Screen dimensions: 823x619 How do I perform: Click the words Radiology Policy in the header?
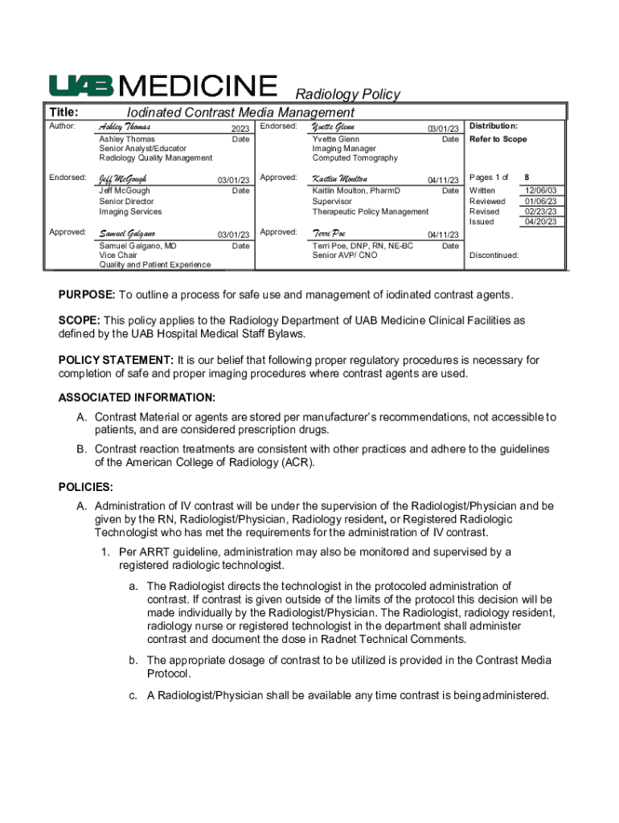[348, 94]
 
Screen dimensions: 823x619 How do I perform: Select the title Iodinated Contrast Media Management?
[240, 113]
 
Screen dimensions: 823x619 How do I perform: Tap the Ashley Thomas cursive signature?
[125, 127]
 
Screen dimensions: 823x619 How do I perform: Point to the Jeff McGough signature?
[123, 178]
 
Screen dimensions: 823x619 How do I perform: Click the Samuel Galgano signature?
[127, 233]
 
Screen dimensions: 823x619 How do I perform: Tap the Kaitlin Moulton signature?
[340, 178]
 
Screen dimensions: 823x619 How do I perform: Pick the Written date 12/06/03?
[540, 190]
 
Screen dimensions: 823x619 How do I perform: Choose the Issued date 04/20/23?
[540, 222]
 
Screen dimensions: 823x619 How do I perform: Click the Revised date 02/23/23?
[540, 211]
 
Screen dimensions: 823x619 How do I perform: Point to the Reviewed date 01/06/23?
[540, 201]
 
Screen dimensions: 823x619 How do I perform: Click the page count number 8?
[527, 177]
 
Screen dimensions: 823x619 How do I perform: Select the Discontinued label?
[494, 255]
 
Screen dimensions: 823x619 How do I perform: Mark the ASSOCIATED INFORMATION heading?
[137, 398]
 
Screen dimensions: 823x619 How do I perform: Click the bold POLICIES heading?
[86, 487]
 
